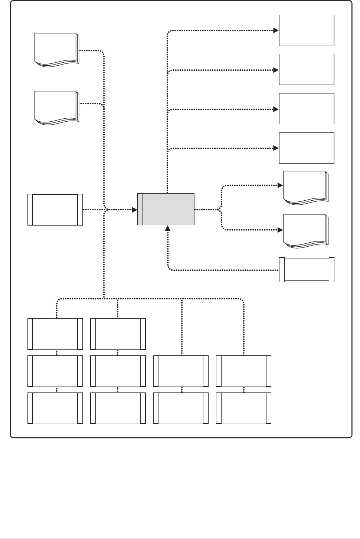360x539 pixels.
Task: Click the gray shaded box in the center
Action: coord(166,209)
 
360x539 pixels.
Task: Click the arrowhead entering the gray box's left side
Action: coord(134,210)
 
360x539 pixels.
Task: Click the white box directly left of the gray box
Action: coord(55,210)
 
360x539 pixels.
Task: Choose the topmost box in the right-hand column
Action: coord(306,30)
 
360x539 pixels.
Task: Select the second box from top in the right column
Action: coord(306,69)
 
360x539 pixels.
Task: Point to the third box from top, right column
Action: coord(306,109)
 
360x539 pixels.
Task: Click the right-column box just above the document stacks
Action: coord(306,148)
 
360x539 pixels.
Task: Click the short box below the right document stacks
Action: coord(307,270)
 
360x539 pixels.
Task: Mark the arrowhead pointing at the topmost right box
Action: coord(276,30)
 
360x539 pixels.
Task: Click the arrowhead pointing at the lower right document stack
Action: coord(280,230)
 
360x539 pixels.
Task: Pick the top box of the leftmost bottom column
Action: coord(55,333)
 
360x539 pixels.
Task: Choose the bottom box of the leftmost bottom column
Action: coord(55,408)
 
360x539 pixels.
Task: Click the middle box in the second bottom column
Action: coord(118,371)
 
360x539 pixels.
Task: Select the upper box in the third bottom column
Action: coord(181,371)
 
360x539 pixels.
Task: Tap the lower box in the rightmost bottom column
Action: coord(243,408)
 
